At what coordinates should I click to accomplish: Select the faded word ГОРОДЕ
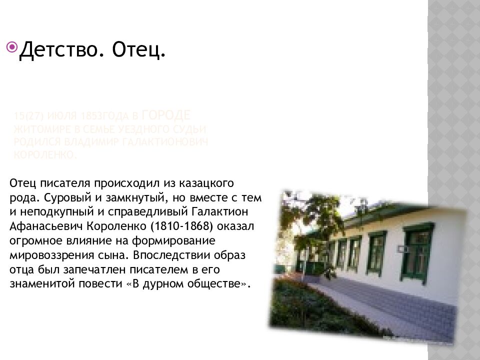(166, 115)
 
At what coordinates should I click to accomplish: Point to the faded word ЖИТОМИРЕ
(34, 129)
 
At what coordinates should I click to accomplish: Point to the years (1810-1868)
(170, 226)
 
